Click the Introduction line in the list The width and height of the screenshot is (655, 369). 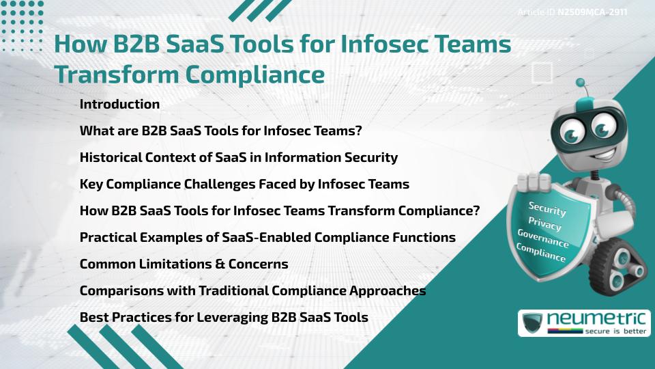tap(119, 104)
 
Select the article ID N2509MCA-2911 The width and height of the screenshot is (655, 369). tap(592, 12)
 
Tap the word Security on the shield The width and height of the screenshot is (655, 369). tap(547, 209)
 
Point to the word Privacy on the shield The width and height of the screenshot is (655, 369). tap(544, 224)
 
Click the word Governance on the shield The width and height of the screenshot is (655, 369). tap(542, 238)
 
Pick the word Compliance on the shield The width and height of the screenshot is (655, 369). tap(540, 253)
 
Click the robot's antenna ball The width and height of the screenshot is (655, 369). tap(580, 83)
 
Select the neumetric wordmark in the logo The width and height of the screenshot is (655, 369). tap(596, 319)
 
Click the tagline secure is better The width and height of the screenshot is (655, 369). tap(615, 331)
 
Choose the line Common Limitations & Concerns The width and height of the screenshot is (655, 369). tap(184, 264)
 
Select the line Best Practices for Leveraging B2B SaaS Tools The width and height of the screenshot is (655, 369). tap(224, 318)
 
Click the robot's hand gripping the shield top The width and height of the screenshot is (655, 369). tap(534, 182)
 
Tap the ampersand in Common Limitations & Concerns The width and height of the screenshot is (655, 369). tap(220, 264)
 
